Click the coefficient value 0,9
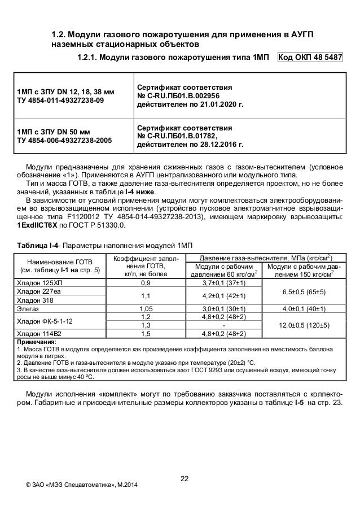point(146,283)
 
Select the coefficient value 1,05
point(146,309)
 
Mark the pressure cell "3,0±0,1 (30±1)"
point(223,309)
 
